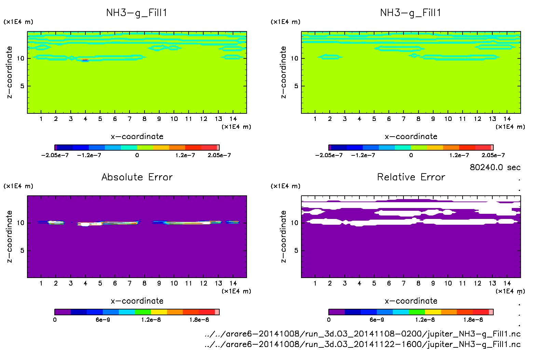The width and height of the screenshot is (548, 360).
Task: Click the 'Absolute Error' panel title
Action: point(137,177)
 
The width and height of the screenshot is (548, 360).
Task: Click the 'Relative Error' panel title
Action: point(411,177)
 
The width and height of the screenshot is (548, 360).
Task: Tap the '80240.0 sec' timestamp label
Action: point(495,167)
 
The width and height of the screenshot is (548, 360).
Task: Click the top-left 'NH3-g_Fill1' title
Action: point(137,13)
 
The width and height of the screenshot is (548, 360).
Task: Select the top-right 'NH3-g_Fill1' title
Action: point(411,13)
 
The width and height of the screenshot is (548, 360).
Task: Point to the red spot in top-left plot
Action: point(85,60)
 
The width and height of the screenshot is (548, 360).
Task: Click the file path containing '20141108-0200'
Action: point(362,334)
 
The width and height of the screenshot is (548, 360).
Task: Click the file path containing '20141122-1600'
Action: point(362,344)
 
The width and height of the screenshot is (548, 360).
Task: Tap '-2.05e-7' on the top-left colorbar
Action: point(55,155)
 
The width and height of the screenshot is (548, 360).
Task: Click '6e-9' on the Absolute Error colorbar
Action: point(103,320)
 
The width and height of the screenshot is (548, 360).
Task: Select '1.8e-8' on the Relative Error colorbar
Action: point(473,320)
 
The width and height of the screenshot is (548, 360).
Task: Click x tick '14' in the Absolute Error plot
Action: point(233,283)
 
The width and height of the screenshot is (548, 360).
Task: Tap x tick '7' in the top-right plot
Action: point(403,119)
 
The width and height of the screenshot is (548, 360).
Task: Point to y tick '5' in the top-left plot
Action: point(22,86)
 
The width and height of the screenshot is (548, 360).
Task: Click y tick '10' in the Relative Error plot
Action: point(294,223)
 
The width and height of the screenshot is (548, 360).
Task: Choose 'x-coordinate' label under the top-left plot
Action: point(137,137)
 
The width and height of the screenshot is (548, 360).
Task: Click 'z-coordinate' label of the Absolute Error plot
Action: point(9,236)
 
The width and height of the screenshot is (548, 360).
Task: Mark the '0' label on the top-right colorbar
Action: point(411,155)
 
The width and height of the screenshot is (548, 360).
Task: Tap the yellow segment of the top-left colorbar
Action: point(161,148)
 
